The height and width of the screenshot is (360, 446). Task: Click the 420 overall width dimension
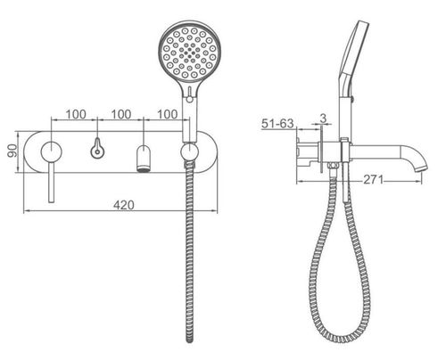coord(124,205)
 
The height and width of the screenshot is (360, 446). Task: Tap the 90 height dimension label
coord(12,151)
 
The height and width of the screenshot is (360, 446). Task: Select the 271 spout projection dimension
coord(374,179)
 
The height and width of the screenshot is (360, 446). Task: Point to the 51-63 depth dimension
coord(277,124)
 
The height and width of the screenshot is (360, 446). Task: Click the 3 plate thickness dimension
coord(323,119)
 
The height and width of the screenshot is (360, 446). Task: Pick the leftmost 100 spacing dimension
coord(76,114)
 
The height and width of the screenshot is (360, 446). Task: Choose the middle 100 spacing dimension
coord(121,114)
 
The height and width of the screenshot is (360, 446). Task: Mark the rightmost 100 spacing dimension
coord(168,114)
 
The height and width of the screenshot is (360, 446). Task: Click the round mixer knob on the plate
coord(52,151)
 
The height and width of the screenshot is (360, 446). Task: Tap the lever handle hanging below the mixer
coord(52,183)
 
